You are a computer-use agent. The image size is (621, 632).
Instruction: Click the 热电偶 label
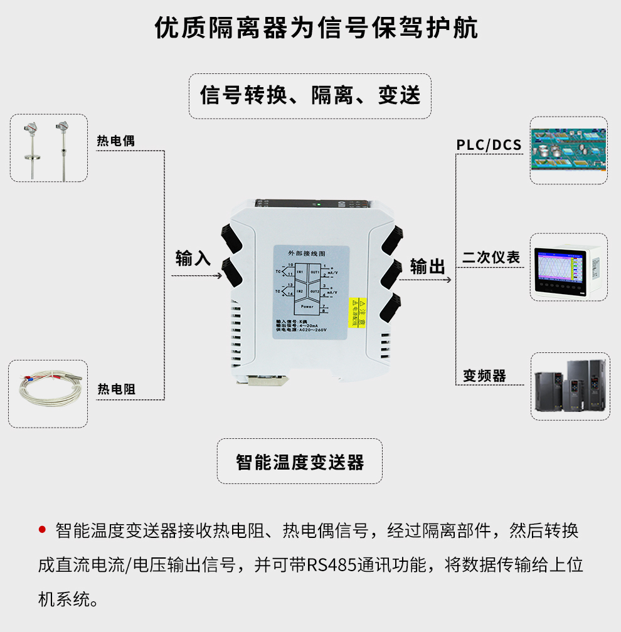point(115,141)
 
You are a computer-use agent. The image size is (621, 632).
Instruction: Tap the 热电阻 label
point(116,390)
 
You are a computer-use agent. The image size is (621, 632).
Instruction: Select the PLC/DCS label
point(489,145)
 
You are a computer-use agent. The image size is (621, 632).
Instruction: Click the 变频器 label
point(484,376)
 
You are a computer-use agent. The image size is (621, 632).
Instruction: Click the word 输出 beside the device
point(428,266)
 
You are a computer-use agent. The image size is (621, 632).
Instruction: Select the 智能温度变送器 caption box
point(300,463)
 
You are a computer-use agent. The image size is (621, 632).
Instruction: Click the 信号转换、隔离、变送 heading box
point(310,96)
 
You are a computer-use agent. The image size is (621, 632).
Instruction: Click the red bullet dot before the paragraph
point(43,530)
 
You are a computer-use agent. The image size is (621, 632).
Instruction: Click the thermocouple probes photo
point(48,149)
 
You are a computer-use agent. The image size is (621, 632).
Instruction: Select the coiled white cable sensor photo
point(48,394)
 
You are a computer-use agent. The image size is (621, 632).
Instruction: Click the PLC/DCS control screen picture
point(568,150)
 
